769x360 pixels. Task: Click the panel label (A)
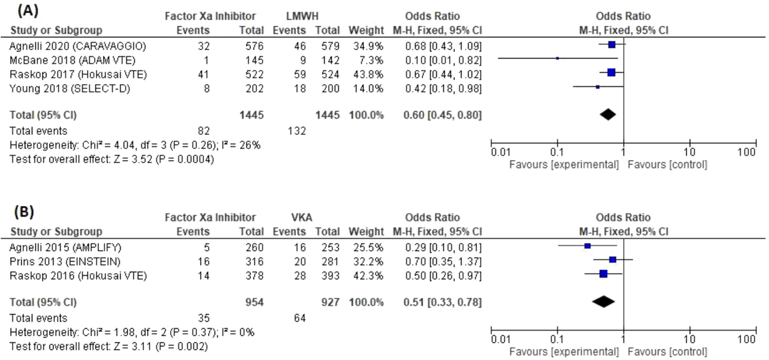coord(28,10)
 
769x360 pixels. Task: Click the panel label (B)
coord(24,212)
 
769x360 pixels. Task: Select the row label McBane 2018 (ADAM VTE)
coord(72,60)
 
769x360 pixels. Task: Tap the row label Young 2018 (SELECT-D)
coord(69,88)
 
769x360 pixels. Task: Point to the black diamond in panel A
coord(608,114)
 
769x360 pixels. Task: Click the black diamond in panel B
coord(603,302)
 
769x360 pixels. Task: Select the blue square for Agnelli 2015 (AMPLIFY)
coord(588,246)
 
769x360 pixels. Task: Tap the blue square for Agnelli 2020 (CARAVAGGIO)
coord(612,45)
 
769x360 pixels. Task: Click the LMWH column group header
coord(302,16)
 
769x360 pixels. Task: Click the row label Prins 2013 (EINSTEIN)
coord(65,261)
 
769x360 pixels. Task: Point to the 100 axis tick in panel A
coord(746,152)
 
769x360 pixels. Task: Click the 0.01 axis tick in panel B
coord(500,340)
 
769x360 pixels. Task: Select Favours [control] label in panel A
coord(667,165)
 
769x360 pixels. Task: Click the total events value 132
coord(297,131)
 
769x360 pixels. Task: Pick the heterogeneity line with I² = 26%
coord(135,145)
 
